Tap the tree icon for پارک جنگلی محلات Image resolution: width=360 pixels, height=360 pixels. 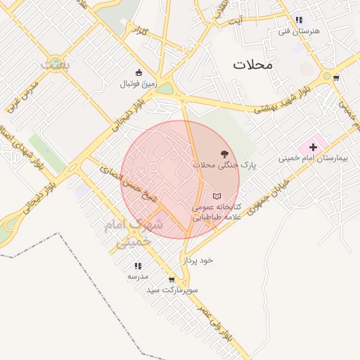tap(224, 152)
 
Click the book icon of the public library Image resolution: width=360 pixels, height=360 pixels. tap(217, 195)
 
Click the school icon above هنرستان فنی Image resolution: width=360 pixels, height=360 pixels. tap(299, 20)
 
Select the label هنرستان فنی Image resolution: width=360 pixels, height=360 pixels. tap(294, 31)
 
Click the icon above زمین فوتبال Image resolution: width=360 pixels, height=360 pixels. tap(139, 72)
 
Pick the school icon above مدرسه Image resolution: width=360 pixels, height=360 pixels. tap(138, 266)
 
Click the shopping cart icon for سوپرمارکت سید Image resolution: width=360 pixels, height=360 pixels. tap(172, 279)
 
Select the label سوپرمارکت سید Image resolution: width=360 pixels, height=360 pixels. tap(172, 290)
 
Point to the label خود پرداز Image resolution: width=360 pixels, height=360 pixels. tap(198, 260)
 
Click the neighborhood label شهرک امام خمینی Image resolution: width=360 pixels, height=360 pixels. tap(133, 233)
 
